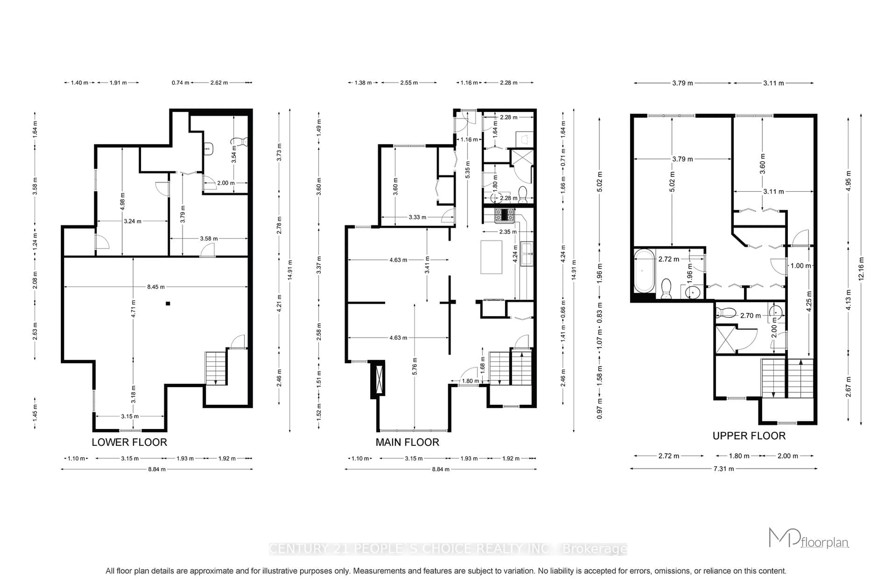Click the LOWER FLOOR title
129,442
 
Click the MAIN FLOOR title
407,442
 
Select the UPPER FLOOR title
749,436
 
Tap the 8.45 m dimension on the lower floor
155,287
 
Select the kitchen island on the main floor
491,257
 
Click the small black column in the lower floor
168,303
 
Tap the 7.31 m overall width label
723,469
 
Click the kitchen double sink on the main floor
526,254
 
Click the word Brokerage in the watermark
595,549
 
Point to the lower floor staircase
216,368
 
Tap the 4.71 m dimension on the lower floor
133,309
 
